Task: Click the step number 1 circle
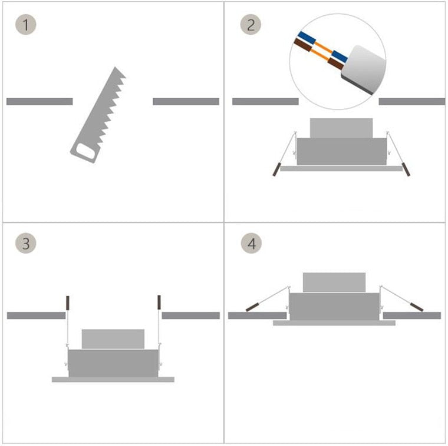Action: (25, 25)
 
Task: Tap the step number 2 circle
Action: (251, 25)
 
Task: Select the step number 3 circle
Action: (25, 243)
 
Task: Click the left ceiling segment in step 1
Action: (39, 101)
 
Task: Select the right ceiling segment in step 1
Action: (186, 101)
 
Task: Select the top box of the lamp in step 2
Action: (341, 128)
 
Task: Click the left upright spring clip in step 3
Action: (68, 302)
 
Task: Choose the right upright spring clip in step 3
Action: (159, 302)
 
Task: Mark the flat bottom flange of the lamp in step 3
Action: (113, 380)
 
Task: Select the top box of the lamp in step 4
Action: (334, 282)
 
